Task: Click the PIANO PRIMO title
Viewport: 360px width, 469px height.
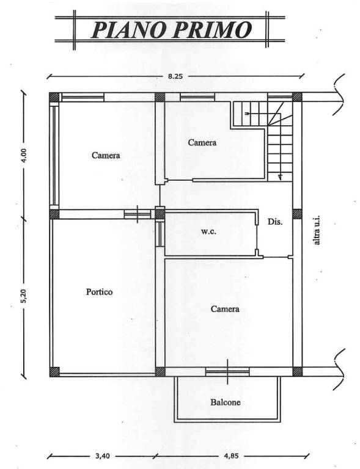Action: tap(171, 29)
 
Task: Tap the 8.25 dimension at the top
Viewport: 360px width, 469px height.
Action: tap(175, 76)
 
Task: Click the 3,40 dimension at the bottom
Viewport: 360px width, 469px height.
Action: tap(102, 456)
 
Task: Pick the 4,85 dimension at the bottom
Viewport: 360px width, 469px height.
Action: tap(231, 456)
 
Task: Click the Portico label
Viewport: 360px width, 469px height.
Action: tap(100, 292)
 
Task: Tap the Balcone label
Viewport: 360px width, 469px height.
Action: tap(226, 402)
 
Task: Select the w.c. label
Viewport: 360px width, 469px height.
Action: tap(208, 231)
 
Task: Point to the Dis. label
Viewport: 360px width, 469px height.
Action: tap(275, 222)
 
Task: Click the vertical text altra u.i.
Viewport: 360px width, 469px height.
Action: tap(317, 231)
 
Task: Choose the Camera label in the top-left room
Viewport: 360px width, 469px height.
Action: tap(106, 155)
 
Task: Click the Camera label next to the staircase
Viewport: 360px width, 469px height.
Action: tap(202, 142)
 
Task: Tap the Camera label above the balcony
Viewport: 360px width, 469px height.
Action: tap(225, 308)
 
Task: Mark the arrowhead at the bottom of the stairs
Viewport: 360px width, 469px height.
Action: tap(280, 177)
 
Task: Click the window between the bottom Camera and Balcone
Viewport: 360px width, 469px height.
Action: tap(227, 371)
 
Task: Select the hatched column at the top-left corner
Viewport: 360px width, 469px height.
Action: tap(54, 97)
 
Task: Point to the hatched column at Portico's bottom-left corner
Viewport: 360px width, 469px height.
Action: tap(54, 371)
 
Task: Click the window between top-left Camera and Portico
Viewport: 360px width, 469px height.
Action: tap(138, 214)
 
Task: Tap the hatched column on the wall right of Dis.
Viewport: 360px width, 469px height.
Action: tap(297, 214)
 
